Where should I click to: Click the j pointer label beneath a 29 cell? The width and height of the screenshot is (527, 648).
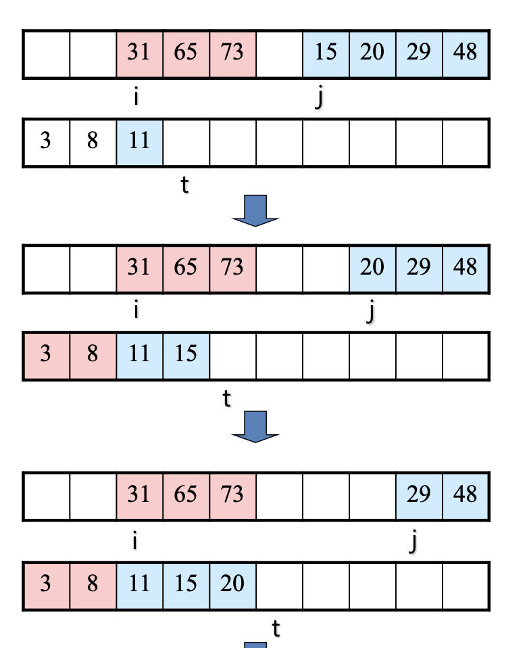tap(413, 541)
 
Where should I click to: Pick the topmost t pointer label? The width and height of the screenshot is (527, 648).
tap(184, 184)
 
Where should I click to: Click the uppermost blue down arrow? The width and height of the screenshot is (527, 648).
tap(255, 210)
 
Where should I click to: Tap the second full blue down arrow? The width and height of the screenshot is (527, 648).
tap(255, 427)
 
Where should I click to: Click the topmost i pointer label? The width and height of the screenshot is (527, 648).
tap(136, 97)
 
